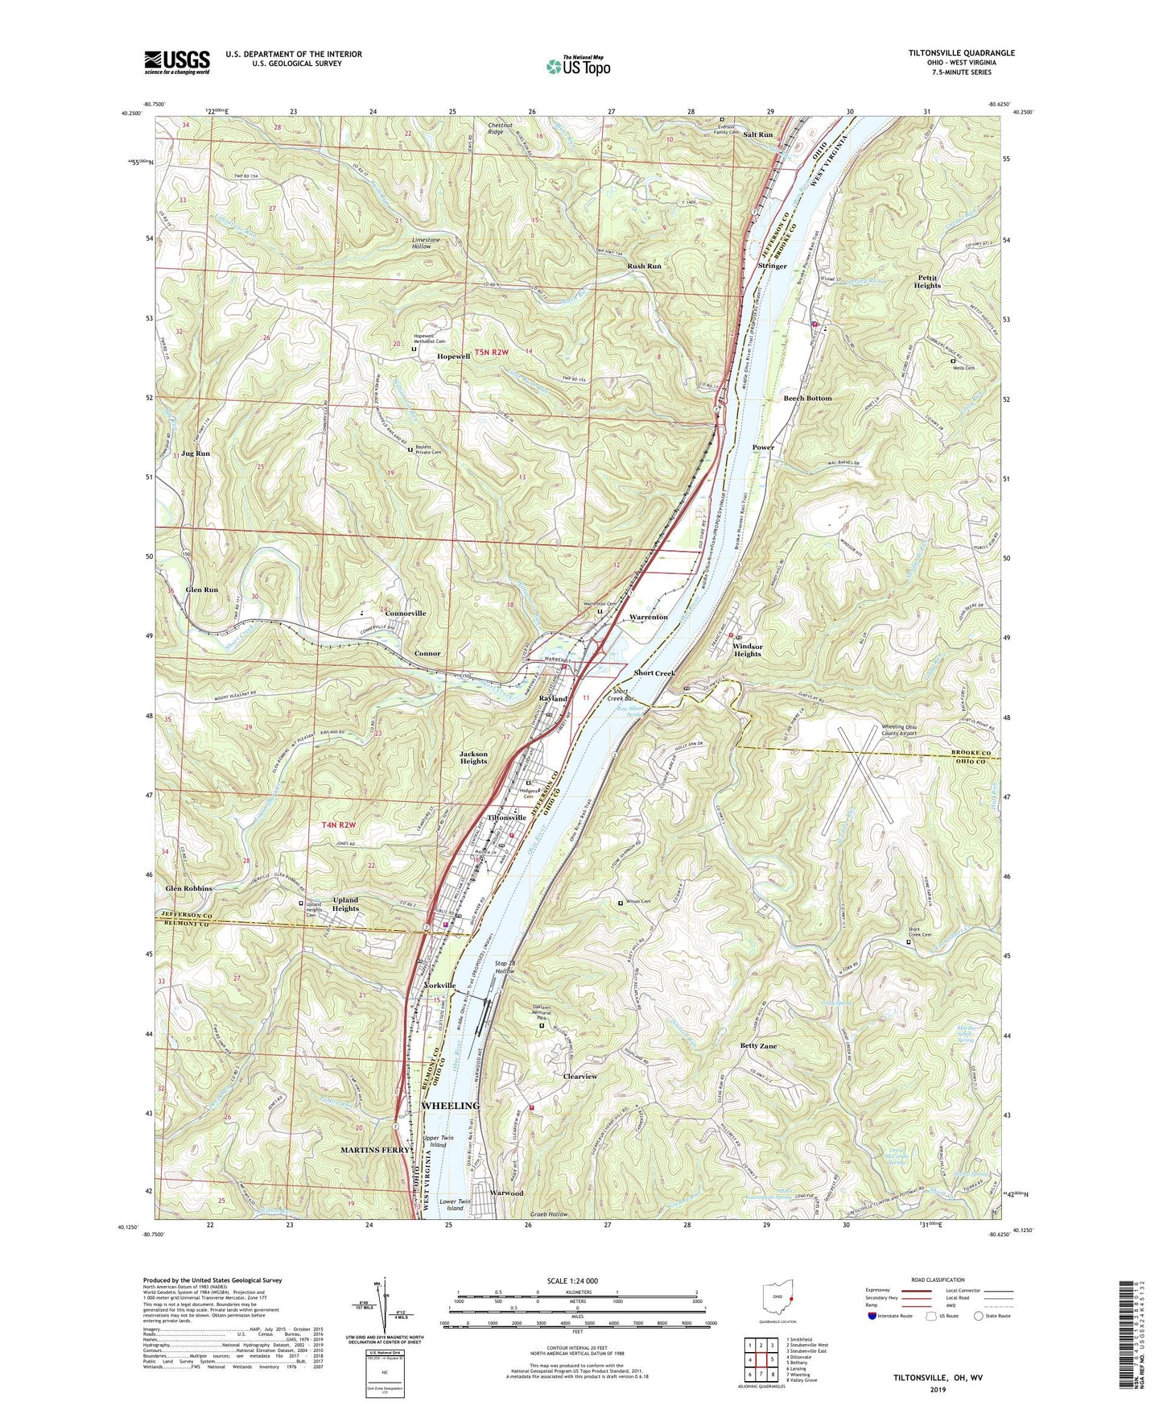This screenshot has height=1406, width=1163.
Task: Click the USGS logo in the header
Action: (177, 61)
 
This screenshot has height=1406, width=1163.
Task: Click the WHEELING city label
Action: (451, 1106)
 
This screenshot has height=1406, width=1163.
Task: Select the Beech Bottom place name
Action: (807, 399)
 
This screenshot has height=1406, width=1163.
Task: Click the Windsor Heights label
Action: (747, 650)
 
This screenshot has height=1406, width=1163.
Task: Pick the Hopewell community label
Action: (453, 357)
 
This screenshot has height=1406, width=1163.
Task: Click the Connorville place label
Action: (406, 614)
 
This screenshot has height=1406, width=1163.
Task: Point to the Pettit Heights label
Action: (928, 281)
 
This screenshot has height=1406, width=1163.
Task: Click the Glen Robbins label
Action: (189, 888)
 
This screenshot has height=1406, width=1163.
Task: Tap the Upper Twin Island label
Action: (438, 1141)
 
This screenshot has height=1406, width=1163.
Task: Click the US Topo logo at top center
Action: (578, 66)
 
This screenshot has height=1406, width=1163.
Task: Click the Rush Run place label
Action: (644, 267)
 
